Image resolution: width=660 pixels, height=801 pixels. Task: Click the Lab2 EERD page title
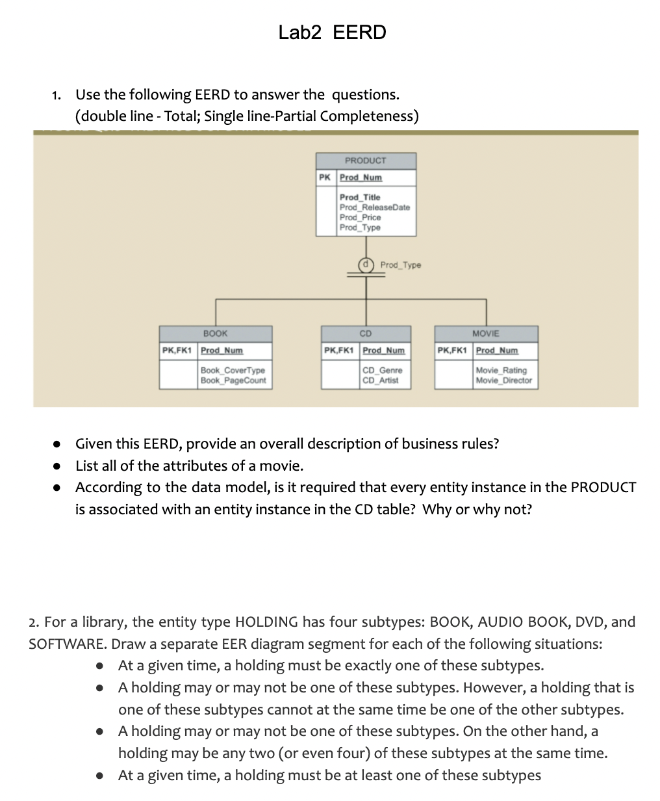pyautogui.click(x=332, y=32)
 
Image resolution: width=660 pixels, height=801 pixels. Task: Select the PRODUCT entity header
pyautogui.click(x=365, y=161)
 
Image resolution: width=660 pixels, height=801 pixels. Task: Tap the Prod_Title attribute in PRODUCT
pyautogui.click(x=360, y=197)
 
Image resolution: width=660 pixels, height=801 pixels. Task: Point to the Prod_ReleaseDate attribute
pyautogui.click(x=375, y=207)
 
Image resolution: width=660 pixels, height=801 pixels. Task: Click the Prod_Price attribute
pyautogui.click(x=360, y=217)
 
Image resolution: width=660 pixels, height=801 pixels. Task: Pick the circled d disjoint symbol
pyautogui.click(x=366, y=265)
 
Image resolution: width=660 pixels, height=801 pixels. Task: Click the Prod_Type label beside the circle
pyautogui.click(x=400, y=265)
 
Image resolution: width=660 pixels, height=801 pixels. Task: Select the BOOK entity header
pyautogui.click(x=215, y=334)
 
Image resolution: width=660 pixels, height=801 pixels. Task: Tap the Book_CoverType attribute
pyautogui.click(x=233, y=371)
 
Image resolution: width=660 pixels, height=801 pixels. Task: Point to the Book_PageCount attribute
pyautogui.click(x=233, y=380)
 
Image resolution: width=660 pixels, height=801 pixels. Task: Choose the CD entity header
pyautogui.click(x=365, y=334)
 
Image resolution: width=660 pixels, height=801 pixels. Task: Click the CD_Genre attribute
pyautogui.click(x=382, y=371)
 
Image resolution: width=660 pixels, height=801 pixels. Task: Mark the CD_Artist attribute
pyautogui.click(x=381, y=380)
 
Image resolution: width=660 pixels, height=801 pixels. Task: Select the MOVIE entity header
pyautogui.click(x=486, y=334)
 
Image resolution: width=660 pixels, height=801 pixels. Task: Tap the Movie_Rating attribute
pyautogui.click(x=501, y=371)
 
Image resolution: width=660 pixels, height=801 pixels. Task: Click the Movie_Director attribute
pyautogui.click(x=503, y=380)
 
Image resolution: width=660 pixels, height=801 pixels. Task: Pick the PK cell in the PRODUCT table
pyautogui.click(x=325, y=177)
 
